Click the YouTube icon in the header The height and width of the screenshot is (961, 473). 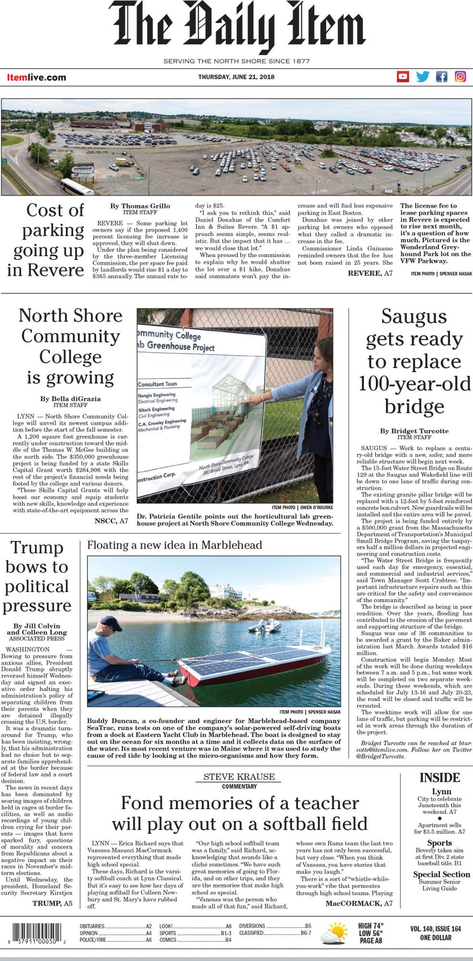pos(403,76)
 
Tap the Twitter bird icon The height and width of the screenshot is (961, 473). pos(423,76)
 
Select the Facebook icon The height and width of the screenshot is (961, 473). pos(441,76)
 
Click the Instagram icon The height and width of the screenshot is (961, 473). pos(461,76)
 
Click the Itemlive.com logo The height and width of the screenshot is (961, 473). pos(37,77)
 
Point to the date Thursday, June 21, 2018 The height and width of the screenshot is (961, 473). pos(236,77)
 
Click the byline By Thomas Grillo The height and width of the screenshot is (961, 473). pos(140,206)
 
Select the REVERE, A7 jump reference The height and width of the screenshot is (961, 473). pos(370,273)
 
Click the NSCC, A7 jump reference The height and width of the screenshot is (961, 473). pos(111,521)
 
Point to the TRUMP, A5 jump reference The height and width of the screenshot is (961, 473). pos(52,903)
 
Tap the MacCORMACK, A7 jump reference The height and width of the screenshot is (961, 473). pos(359,903)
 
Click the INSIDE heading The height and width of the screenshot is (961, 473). pos(439,777)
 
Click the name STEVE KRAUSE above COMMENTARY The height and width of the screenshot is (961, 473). pos(239,776)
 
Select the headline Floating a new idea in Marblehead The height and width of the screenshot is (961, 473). pos(174,545)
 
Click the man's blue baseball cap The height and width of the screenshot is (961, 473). pos(111,623)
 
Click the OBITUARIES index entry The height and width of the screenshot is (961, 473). pos(92,926)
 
